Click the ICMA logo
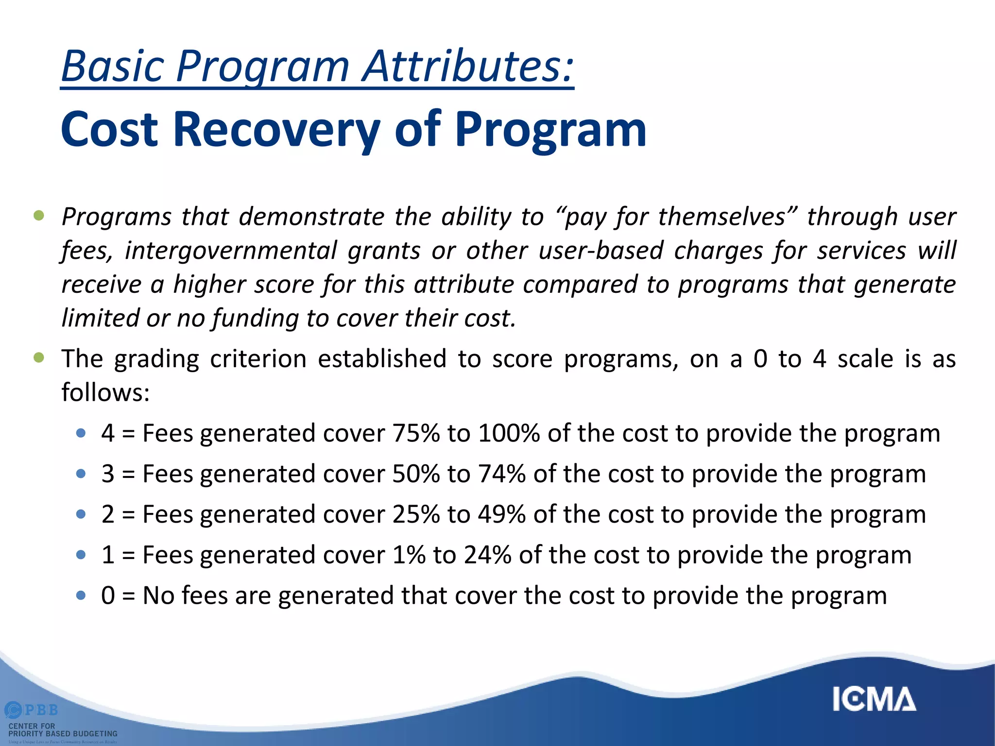pos(874,700)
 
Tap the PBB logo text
pos(41,710)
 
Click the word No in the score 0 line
pos(158,595)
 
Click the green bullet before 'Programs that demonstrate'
pos(39,215)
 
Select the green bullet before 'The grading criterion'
pos(39,358)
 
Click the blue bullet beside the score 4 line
pos(81,433)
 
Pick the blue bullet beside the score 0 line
pos(81,595)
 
